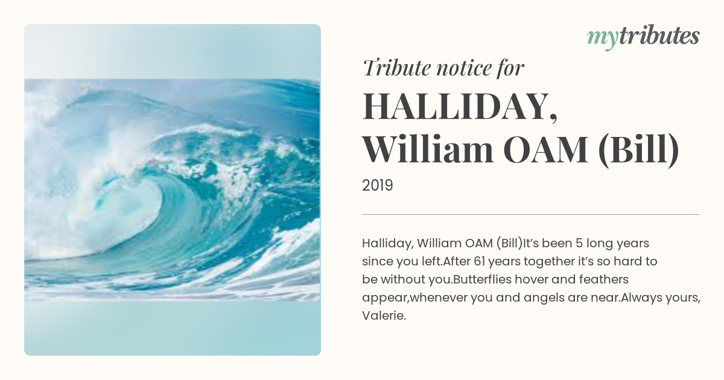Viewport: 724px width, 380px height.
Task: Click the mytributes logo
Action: click(643, 37)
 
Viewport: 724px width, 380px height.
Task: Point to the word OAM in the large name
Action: click(545, 150)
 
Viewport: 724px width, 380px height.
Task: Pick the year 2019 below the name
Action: click(378, 186)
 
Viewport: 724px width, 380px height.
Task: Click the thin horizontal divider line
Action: click(531, 214)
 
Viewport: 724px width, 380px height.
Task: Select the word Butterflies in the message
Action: click(482, 279)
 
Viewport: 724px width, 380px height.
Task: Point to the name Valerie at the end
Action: click(384, 315)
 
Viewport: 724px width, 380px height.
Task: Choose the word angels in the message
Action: click(544, 298)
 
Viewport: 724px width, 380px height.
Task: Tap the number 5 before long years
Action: click(579, 243)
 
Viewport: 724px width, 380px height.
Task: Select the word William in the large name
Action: click(428, 150)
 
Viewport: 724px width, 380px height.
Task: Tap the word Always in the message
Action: click(641, 298)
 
